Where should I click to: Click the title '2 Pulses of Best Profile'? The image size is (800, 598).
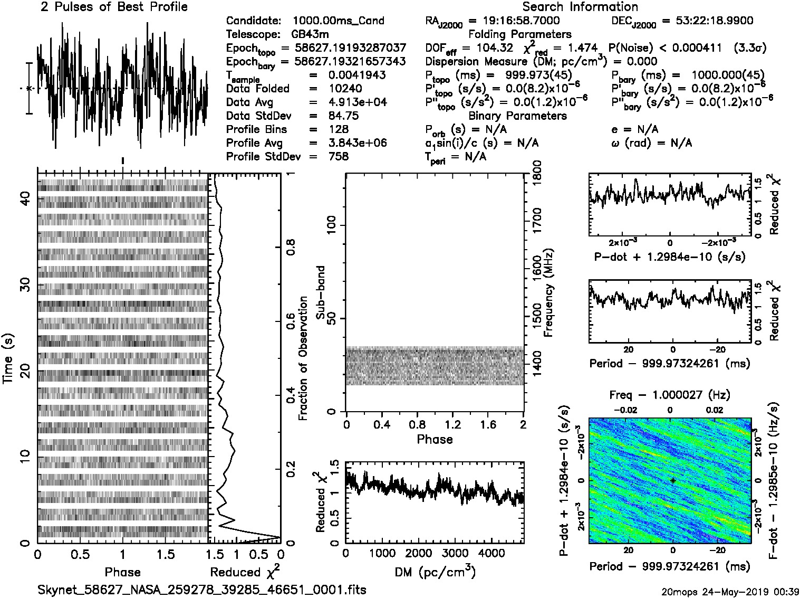click(x=114, y=7)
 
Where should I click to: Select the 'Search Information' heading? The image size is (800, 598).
click(x=580, y=7)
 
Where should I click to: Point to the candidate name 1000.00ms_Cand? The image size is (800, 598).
click(x=338, y=21)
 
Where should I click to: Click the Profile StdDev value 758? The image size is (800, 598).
click(x=338, y=156)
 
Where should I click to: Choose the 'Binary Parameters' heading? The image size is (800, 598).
click(x=517, y=116)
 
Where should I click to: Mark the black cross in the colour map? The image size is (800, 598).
click(x=673, y=480)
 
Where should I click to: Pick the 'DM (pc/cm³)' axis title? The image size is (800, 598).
click(x=435, y=572)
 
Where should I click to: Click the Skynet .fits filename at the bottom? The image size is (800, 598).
click(x=202, y=590)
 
